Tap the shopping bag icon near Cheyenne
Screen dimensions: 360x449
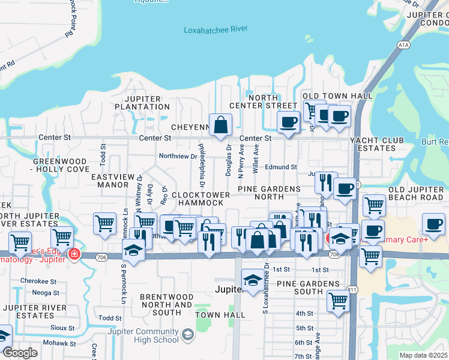221,125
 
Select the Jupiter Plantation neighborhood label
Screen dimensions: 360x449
147,103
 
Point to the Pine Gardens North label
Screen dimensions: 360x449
269,193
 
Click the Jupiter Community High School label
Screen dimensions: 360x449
143,335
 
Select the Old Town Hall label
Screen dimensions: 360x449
338,96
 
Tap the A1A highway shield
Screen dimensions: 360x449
403,45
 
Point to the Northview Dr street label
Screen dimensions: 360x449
178,156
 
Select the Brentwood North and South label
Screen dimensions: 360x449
166,304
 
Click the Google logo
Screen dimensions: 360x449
20,353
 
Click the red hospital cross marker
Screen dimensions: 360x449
73,254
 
